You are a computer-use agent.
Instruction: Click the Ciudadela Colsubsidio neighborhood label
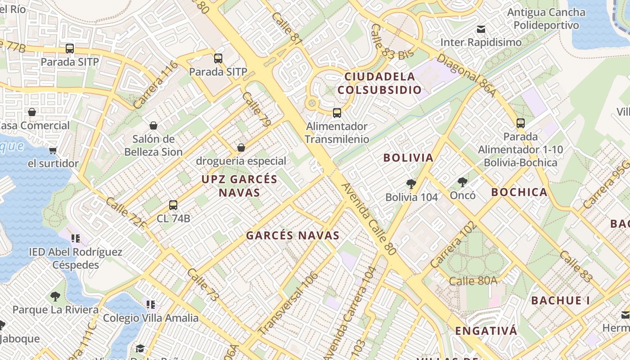[x=379, y=83]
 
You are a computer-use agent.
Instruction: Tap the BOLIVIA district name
[x=408, y=157]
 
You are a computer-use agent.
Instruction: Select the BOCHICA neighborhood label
[x=519, y=192]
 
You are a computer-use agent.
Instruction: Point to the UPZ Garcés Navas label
[x=239, y=186]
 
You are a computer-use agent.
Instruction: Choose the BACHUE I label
[x=560, y=300]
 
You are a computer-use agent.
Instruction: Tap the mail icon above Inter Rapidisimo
[x=481, y=29]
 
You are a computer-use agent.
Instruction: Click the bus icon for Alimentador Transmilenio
[x=337, y=113]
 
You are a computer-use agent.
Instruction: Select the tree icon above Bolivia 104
[x=411, y=184]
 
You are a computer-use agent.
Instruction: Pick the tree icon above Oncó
[x=462, y=182]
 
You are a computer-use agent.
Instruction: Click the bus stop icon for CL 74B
[x=173, y=205]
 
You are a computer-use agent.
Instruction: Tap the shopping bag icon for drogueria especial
[x=241, y=148]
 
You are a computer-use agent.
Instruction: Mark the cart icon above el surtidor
[x=53, y=150]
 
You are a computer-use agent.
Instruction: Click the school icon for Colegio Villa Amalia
[x=151, y=305]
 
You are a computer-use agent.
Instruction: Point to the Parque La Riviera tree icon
[x=55, y=296]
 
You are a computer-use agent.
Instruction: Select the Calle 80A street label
[x=473, y=281]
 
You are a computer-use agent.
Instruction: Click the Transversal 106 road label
[x=289, y=303]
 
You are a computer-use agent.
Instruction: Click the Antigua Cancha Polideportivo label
[x=546, y=18]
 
